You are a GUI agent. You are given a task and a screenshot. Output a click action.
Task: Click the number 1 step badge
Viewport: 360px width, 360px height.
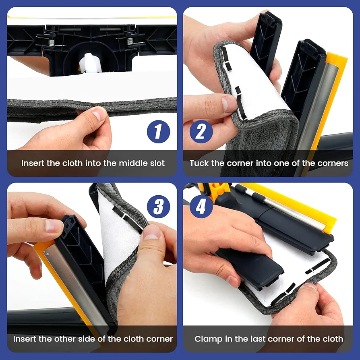(158, 132)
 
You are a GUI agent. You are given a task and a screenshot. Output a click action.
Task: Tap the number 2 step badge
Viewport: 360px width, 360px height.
(201, 132)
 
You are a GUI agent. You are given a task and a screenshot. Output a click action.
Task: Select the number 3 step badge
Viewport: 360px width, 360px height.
(158, 207)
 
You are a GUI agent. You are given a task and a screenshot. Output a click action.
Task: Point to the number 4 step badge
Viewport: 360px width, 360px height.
(201, 207)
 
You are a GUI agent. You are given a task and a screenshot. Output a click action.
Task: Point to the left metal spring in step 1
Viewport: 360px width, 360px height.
(52, 42)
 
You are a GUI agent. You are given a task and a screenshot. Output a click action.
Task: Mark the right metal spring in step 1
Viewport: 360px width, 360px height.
(130, 41)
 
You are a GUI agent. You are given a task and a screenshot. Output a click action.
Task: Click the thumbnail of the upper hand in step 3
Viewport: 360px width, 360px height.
(54, 226)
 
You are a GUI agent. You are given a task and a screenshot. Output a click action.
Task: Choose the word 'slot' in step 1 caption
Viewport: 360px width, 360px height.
(157, 163)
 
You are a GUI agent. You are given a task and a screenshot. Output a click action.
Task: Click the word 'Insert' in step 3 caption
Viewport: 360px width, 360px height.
(25, 339)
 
